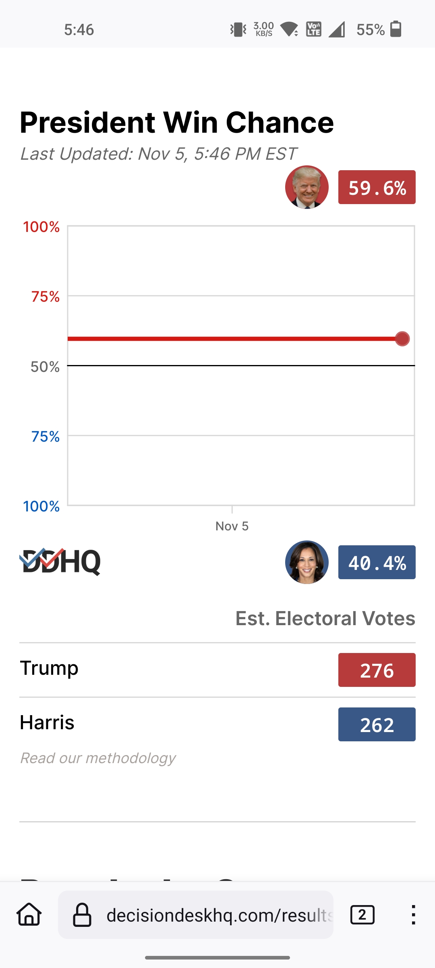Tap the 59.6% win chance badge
coord(377,188)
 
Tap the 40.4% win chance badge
coord(377,563)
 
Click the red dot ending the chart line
coord(402,339)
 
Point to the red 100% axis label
coord(41,227)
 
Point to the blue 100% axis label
coord(41,507)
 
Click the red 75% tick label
coord(46,297)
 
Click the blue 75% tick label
coord(46,437)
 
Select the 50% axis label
coord(45,367)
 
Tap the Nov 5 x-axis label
coord(232,526)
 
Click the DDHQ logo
coord(60,561)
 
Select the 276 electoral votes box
coord(377,670)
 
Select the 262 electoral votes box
coord(377,725)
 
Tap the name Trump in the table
coord(49,668)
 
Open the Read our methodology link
coord(98,758)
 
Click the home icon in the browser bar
coord(29,915)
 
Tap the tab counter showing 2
coord(362,915)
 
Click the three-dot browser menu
coord(413,915)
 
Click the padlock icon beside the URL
coord(82,915)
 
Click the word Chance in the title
coord(280,123)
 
